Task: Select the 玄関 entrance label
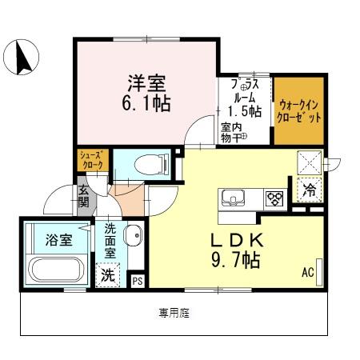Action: click(x=84, y=197)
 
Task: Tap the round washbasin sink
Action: click(x=134, y=237)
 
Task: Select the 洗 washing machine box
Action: click(x=108, y=274)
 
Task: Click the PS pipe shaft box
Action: click(x=138, y=280)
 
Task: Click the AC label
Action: click(x=307, y=272)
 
